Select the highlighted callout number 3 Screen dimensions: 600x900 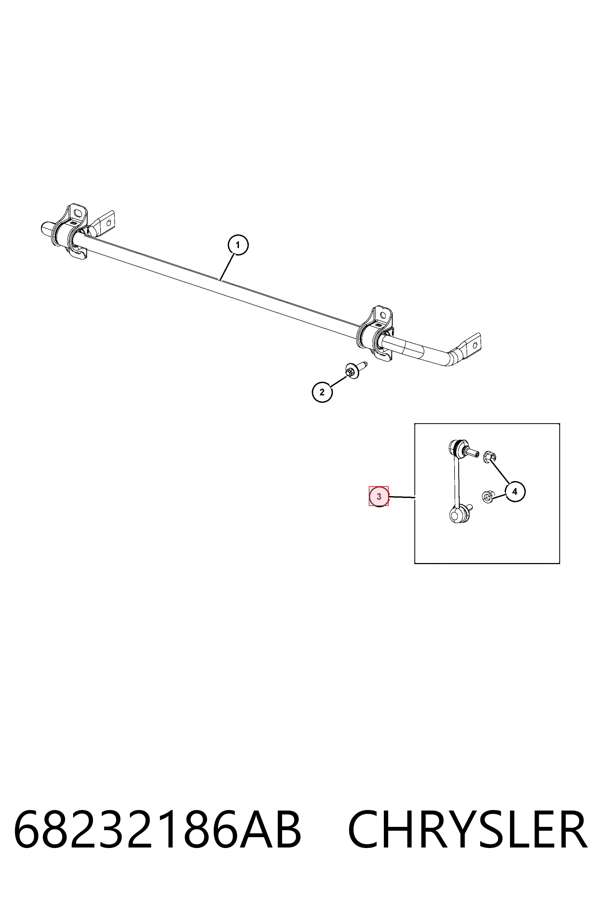click(x=379, y=497)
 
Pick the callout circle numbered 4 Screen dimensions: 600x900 click(x=515, y=492)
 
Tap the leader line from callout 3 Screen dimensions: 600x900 click(x=402, y=497)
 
